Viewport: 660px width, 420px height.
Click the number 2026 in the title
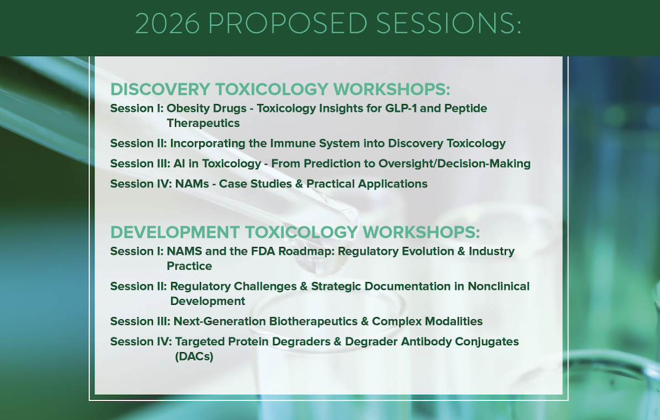(168, 24)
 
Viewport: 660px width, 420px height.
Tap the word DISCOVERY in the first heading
(161, 89)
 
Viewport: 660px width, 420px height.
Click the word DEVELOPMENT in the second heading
(175, 232)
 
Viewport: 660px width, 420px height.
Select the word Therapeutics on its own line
(203, 123)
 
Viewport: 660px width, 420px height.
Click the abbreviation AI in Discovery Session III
(179, 164)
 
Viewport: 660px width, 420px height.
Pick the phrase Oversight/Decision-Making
(455, 164)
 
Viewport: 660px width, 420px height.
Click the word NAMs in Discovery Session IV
(192, 184)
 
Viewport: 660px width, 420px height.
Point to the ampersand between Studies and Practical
(299, 184)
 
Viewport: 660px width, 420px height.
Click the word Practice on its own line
(189, 266)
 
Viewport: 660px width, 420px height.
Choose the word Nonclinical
(499, 286)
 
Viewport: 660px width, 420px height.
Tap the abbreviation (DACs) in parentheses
(194, 357)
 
